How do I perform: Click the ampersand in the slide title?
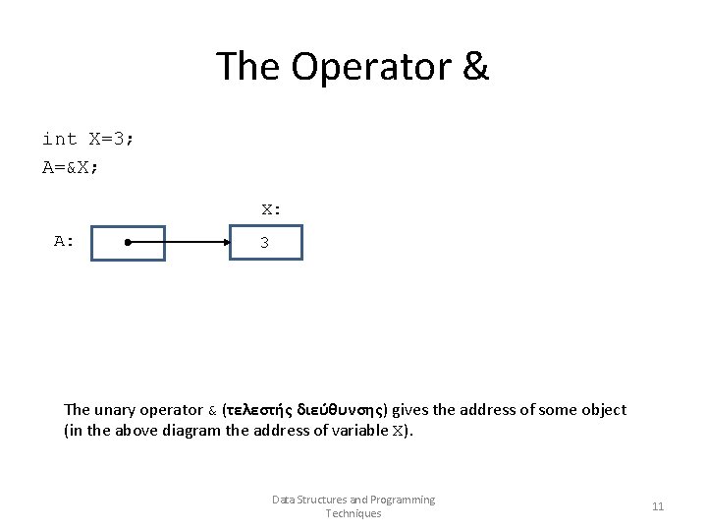pyautogui.click(x=473, y=67)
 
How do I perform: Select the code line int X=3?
pyautogui.click(x=88, y=139)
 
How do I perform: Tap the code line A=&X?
pyautogui.click(x=70, y=167)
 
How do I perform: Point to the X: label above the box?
pyautogui.click(x=271, y=208)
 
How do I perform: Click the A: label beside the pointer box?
pyautogui.click(x=64, y=241)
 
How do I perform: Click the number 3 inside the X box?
pyautogui.click(x=264, y=243)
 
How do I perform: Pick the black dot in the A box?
pyautogui.click(x=129, y=242)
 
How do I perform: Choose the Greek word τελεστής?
pyautogui.click(x=262, y=410)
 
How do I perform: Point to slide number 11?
pyautogui.click(x=658, y=506)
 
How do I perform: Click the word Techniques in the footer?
pyautogui.click(x=353, y=513)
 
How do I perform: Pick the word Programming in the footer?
pyautogui.click(x=403, y=500)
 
